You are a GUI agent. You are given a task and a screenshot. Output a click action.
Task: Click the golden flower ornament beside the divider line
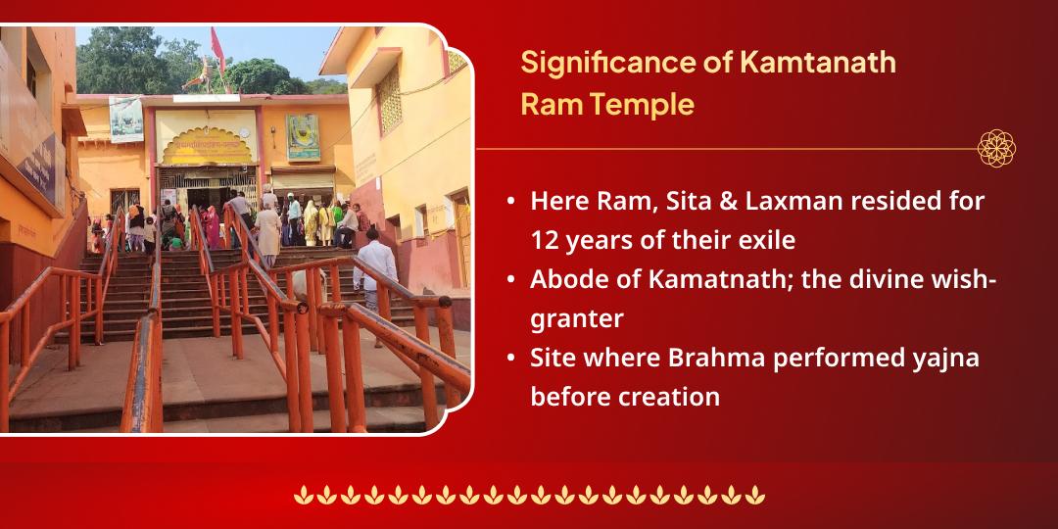click(996, 149)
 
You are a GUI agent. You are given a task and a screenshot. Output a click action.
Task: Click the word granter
click(578, 318)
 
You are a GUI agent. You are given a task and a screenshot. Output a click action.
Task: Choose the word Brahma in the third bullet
click(717, 359)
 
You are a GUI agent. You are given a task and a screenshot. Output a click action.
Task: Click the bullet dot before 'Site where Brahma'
click(511, 359)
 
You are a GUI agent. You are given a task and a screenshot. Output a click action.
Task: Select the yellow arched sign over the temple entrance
click(207, 138)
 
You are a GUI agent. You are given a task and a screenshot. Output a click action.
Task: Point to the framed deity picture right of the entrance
click(303, 136)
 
